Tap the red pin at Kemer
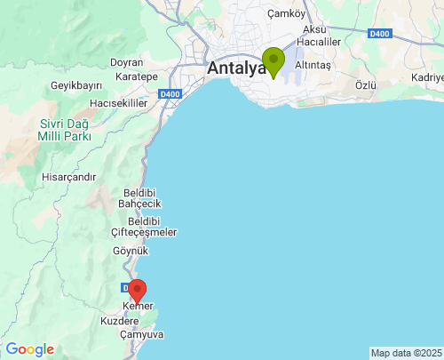(137, 291)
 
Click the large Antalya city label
(235, 68)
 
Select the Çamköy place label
(286, 13)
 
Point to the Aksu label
(314, 29)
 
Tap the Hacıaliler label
(319, 42)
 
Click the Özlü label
(366, 84)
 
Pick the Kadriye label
(426, 77)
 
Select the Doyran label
(126, 62)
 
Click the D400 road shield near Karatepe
(170, 93)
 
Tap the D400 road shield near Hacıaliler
(379, 34)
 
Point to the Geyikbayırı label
(77, 85)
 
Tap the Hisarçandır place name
(68, 177)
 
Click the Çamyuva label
(141, 334)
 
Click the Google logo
(29, 349)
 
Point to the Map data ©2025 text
(405, 353)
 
